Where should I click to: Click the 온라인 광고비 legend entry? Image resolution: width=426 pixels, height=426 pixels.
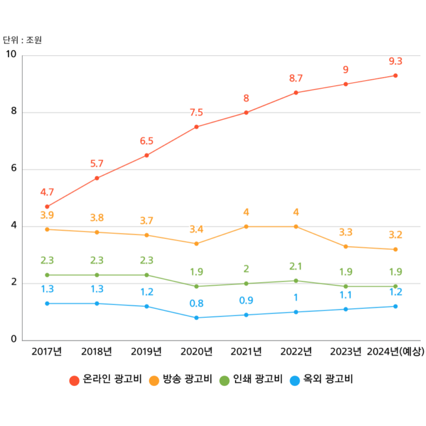pos(105,380)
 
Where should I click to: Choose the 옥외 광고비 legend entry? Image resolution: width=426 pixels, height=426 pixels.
pos(322,380)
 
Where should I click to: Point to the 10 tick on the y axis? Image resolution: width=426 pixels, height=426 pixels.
pos(11,54)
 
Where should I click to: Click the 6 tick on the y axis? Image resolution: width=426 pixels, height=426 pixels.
pos(14,169)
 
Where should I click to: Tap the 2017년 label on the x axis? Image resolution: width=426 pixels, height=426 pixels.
pos(47,351)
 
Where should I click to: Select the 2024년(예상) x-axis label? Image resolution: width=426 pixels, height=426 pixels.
pos(395,351)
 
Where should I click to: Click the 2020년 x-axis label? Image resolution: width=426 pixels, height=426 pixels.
pos(196,351)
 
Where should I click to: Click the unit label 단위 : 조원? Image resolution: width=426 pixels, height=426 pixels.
pos(22,40)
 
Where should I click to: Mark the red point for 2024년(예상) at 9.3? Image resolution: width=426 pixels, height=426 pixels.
pos(395,75)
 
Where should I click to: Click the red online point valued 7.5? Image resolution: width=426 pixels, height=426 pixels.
pos(196,127)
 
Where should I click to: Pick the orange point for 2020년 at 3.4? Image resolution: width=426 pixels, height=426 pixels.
pos(196,244)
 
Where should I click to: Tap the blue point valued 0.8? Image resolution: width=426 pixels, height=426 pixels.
pos(196,318)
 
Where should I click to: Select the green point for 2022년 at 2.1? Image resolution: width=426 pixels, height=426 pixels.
pos(296,281)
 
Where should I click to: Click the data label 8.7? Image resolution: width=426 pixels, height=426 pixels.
pos(296,79)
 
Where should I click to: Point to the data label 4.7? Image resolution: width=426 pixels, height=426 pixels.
pos(47,192)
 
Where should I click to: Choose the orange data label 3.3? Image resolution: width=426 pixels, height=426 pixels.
pos(346,232)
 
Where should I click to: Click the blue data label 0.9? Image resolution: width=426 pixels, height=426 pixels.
pos(246,301)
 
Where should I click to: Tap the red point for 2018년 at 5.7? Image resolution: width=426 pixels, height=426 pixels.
pos(97,178)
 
